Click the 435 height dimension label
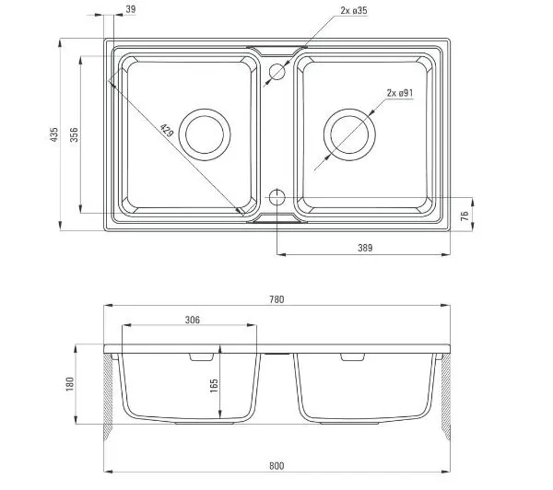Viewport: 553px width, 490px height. pyautogui.click(x=54, y=134)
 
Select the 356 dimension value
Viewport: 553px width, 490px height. pyautogui.click(x=74, y=134)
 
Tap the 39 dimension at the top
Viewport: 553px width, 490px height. pyautogui.click(x=131, y=9)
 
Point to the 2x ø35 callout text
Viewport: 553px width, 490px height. pyautogui.click(x=353, y=10)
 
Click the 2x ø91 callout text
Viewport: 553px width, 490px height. pyautogui.click(x=400, y=93)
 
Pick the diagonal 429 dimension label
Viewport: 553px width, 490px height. pyautogui.click(x=167, y=131)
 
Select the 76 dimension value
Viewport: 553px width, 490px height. pyautogui.click(x=465, y=216)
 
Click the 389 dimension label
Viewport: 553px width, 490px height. pyautogui.click(x=365, y=248)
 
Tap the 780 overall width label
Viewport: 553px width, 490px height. pyautogui.click(x=276, y=299)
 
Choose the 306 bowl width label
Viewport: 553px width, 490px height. pyautogui.click(x=193, y=320)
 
